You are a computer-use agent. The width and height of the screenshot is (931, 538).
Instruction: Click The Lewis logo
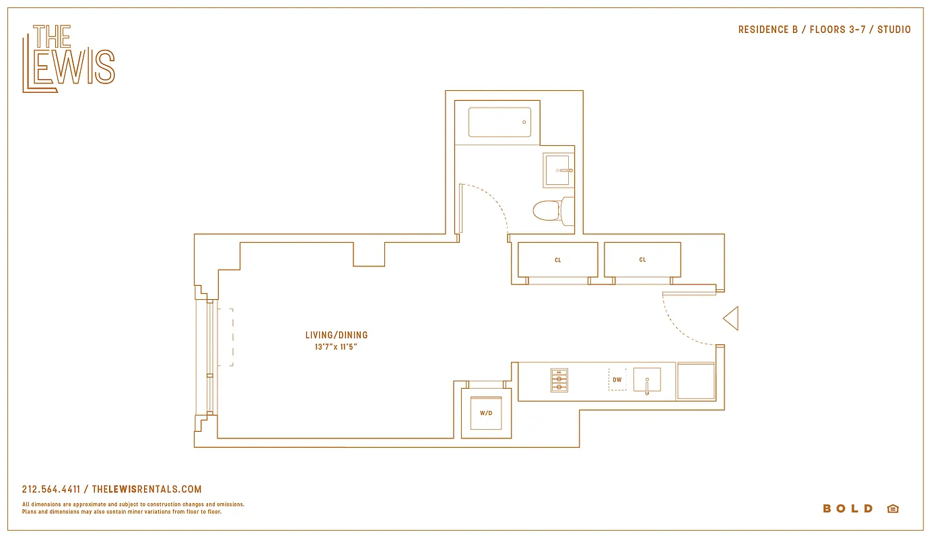point(68,59)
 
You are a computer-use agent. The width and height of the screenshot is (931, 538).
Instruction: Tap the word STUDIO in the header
point(893,30)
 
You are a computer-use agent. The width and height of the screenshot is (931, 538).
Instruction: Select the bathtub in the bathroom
point(499,122)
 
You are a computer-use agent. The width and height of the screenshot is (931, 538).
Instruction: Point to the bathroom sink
point(558,171)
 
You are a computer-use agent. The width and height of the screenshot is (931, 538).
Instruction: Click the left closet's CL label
point(557,260)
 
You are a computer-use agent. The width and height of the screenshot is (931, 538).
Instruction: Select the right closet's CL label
point(642,260)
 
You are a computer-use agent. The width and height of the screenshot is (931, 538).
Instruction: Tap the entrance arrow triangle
point(732,318)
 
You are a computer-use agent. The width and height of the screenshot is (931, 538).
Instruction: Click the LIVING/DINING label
point(337,335)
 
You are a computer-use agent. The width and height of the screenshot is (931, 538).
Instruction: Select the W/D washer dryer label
point(486,413)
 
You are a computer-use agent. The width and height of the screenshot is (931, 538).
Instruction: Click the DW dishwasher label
point(617,380)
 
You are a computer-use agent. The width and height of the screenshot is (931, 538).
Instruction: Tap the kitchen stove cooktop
point(559,380)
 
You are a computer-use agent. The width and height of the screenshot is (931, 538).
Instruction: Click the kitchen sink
point(646,380)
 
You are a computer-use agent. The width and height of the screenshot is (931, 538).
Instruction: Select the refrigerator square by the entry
point(695,381)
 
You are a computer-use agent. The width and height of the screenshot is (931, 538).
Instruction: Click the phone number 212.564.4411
point(51,490)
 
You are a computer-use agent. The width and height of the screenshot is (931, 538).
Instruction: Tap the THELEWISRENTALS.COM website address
point(147,490)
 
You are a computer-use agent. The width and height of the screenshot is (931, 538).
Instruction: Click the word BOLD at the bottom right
point(848,508)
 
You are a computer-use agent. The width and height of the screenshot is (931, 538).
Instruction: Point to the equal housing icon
point(893,508)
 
